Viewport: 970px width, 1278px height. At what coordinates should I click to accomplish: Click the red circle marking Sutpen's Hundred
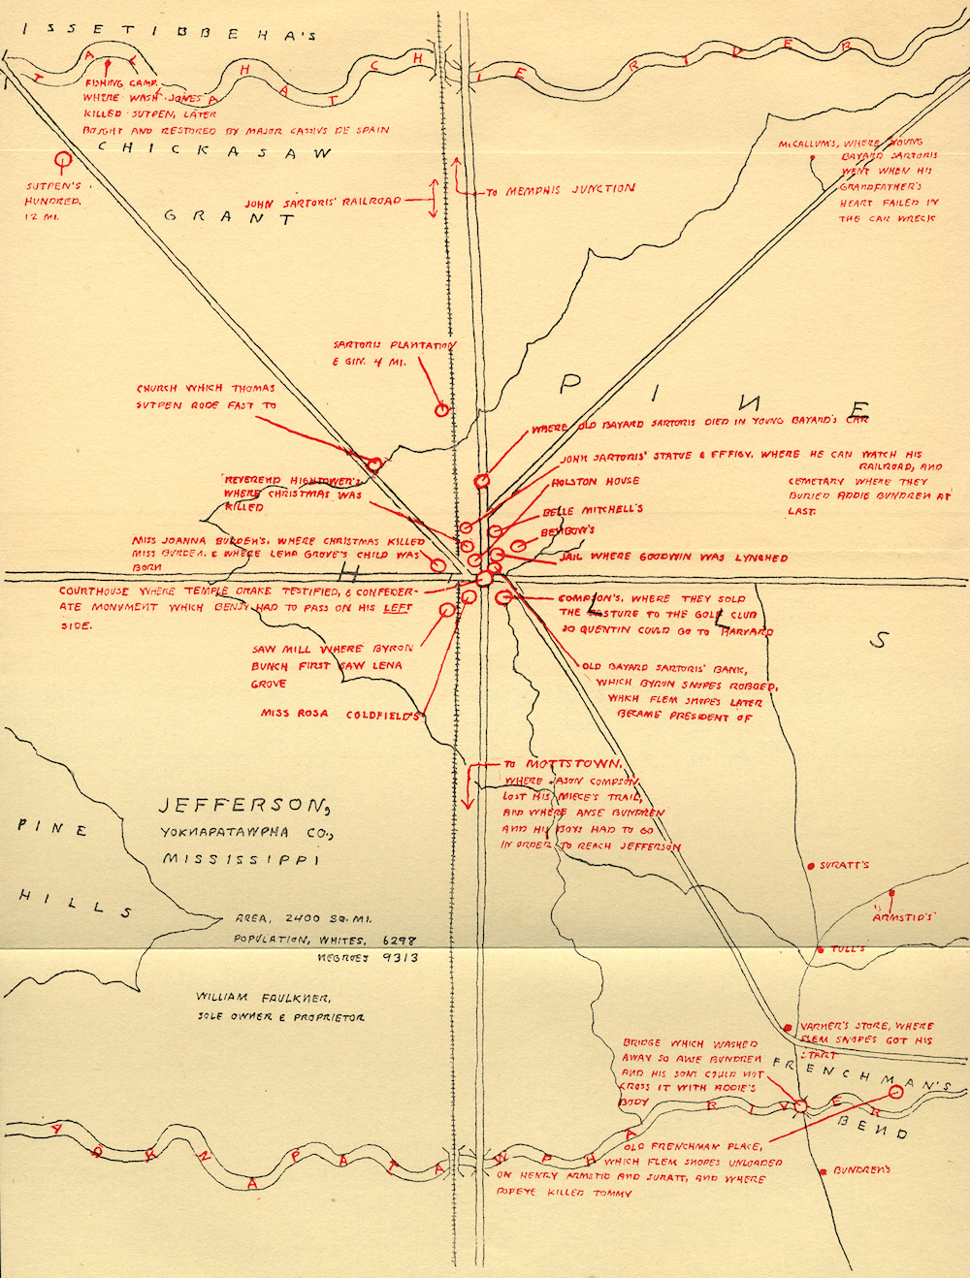tap(65, 158)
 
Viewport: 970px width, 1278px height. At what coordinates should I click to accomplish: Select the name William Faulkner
tap(264, 997)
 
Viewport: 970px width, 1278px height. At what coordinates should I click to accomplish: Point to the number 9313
tap(400, 958)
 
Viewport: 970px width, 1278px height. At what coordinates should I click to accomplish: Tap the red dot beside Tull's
tap(821, 948)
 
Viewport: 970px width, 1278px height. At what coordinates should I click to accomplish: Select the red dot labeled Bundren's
tap(824, 1170)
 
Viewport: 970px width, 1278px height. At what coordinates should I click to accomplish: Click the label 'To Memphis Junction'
tap(560, 191)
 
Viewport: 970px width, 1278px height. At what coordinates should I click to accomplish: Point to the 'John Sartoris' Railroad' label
tap(322, 203)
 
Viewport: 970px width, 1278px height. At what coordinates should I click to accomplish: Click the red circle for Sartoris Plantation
tap(441, 410)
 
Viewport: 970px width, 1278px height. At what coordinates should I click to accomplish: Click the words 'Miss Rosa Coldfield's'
tap(339, 714)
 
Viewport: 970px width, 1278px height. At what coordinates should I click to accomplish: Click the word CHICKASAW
tap(214, 151)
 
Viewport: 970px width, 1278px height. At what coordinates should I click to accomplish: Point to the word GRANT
tap(228, 217)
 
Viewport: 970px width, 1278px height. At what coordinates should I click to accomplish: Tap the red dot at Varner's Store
tap(791, 1026)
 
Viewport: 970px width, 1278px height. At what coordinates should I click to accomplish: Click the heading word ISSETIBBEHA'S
tap(170, 32)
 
